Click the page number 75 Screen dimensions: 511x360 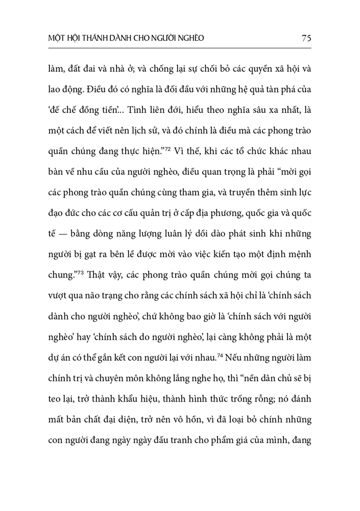pos(306,38)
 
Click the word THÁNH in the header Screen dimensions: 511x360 pos(94,38)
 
